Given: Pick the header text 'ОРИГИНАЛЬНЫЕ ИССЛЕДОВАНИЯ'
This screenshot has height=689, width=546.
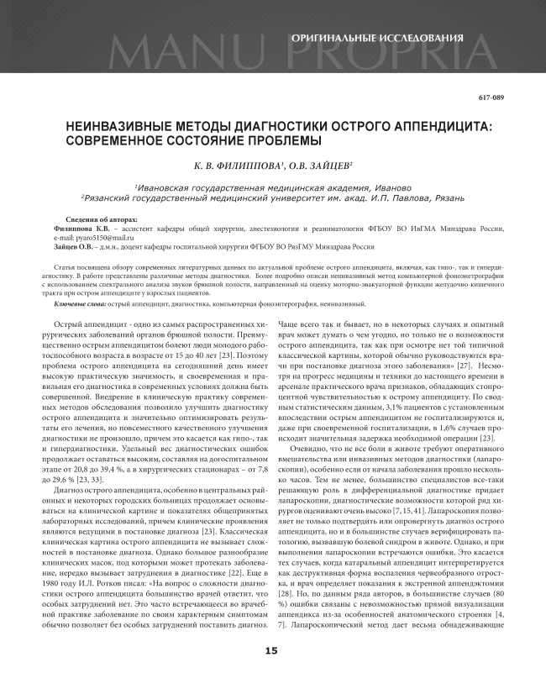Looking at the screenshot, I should click(376, 39).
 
